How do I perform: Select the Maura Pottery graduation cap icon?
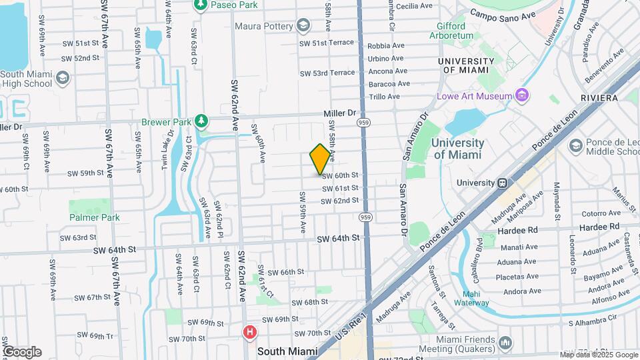304,27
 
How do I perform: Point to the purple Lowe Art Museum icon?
522,96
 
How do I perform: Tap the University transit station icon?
501,183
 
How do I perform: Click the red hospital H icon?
249,331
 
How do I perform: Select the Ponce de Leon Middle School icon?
575,145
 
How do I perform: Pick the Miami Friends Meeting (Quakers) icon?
505,343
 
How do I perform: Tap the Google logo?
21,351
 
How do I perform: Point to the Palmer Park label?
94,217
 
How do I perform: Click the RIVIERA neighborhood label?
599,98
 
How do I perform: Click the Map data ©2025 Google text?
598,355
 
